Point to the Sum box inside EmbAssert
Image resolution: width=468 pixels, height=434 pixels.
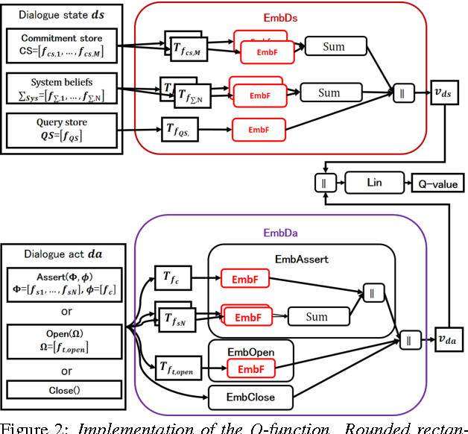pos(317,317)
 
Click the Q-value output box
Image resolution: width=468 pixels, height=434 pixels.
pos(437,181)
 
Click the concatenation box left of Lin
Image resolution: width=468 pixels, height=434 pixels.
pos(325,181)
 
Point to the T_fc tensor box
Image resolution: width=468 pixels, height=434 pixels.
pos(171,277)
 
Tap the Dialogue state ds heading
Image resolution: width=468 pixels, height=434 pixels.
pos(53,13)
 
